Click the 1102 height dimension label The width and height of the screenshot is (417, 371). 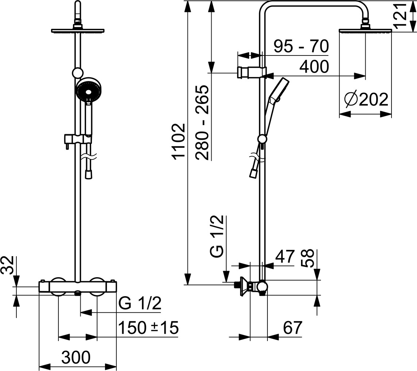click(178, 141)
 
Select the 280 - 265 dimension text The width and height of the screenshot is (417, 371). click(202, 123)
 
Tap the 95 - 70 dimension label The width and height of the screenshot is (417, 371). click(301, 46)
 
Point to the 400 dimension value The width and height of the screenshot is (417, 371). click(314, 66)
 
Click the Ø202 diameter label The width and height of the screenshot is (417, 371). click(366, 100)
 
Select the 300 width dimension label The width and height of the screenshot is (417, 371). click(76, 357)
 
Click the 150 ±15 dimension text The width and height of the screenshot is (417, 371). click(148, 327)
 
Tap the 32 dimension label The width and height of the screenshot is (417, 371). click(7, 265)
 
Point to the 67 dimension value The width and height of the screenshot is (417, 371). click(293, 327)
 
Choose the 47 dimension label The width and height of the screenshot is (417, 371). click(285, 256)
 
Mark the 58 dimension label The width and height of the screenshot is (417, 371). click(308, 258)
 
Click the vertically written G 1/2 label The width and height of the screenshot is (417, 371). click(217, 236)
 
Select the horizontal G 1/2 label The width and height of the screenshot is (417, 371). click(140, 303)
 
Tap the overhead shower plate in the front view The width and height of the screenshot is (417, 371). click(77, 31)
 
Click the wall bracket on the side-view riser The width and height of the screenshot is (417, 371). click(251, 72)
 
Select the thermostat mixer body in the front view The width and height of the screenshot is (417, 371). click(78, 287)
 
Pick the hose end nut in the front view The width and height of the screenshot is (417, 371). click(89, 174)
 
